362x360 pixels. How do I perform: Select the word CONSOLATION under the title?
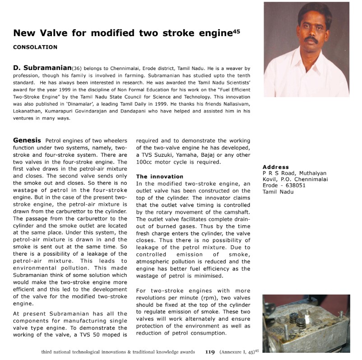click(x=35, y=47)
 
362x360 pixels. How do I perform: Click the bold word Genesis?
click(x=28, y=140)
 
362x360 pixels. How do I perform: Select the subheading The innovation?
click(x=160, y=176)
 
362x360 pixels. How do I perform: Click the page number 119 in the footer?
click(x=210, y=351)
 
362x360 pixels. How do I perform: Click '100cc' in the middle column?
click(x=145, y=162)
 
